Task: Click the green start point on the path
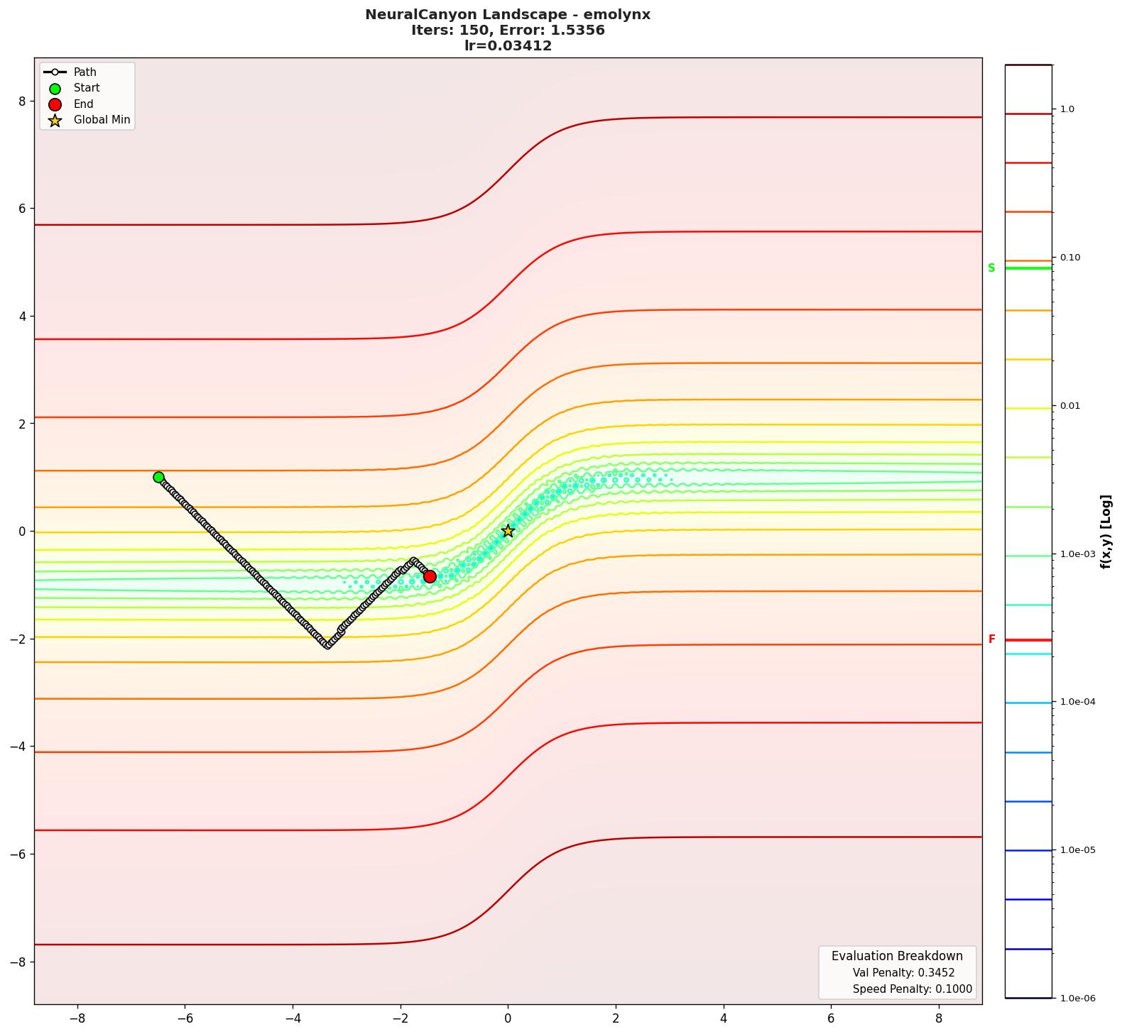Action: coord(158,477)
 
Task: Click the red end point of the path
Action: coord(430,576)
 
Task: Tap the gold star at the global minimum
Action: coord(508,531)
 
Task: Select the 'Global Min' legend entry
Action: coord(102,120)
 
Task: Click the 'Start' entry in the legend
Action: coord(87,88)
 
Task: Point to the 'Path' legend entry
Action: coord(85,72)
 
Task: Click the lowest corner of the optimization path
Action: coord(327,644)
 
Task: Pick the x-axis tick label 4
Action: coord(724,1018)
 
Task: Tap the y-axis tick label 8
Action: coord(22,101)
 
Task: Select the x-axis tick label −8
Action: coord(77,1018)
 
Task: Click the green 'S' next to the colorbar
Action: coord(991,268)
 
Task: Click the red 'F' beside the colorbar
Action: coord(992,639)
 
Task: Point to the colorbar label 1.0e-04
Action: coord(1077,702)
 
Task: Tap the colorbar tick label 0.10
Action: coord(1070,258)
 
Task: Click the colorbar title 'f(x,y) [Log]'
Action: coord(1105,532)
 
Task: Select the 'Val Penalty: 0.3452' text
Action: coord(903,973)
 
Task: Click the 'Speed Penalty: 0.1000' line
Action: coord(912,989)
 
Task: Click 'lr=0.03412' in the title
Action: coord(508,46)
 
